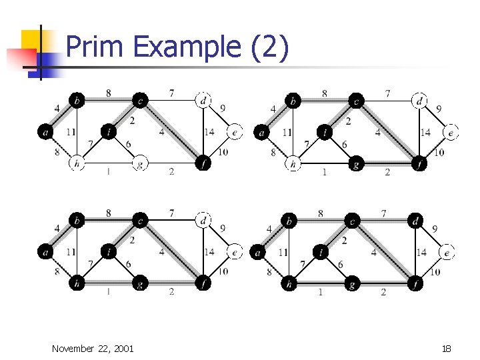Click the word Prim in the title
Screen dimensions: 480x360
(x=95, y=48)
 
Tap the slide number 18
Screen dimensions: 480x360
(x=446, y=348)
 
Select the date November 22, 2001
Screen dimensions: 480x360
(x=93, y=348)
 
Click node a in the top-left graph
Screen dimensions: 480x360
(x=45, y=133)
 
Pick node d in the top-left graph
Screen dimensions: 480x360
(x=203, y=101)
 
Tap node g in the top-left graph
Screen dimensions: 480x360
(x=139, y=164)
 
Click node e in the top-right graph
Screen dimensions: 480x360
(x=451, y=133)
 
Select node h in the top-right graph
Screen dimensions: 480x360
(x=293, y=164)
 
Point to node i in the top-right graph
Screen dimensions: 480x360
(x=325, y=132)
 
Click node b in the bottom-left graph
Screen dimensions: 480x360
(x=77, y=220)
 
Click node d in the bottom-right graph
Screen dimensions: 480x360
(x=415, y=220)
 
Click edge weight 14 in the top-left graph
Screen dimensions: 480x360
(x=209, y=133)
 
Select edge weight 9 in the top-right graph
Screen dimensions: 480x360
(x=438, y=109)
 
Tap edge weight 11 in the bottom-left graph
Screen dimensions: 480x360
(x=71, y=252)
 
